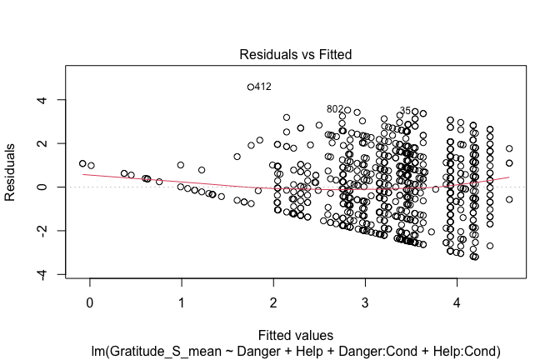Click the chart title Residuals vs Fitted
coord(295,54)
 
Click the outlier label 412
coord(263,87)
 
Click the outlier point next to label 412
coord(250,87)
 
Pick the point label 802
coord(335,109)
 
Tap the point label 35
coord(405,110)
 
